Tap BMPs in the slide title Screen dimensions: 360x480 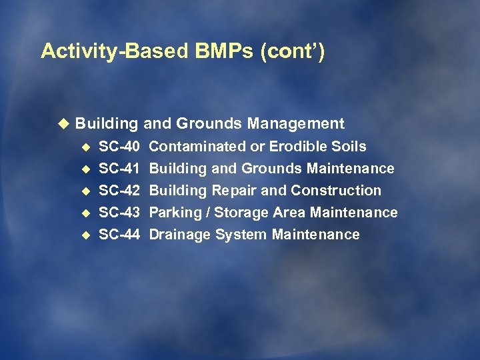pos(215,51)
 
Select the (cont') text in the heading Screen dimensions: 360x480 pos(294,51)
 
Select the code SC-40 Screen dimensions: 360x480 pos(119,146)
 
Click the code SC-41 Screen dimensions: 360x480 pos(119,169)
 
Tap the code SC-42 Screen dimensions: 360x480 pos(119,191)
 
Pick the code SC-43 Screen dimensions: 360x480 pos(119,213)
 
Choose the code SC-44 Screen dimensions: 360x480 pos(119,235)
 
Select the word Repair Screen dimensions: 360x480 pos(234,191)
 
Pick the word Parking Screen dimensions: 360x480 pos(173,213)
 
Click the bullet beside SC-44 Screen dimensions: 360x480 pos(84,235)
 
